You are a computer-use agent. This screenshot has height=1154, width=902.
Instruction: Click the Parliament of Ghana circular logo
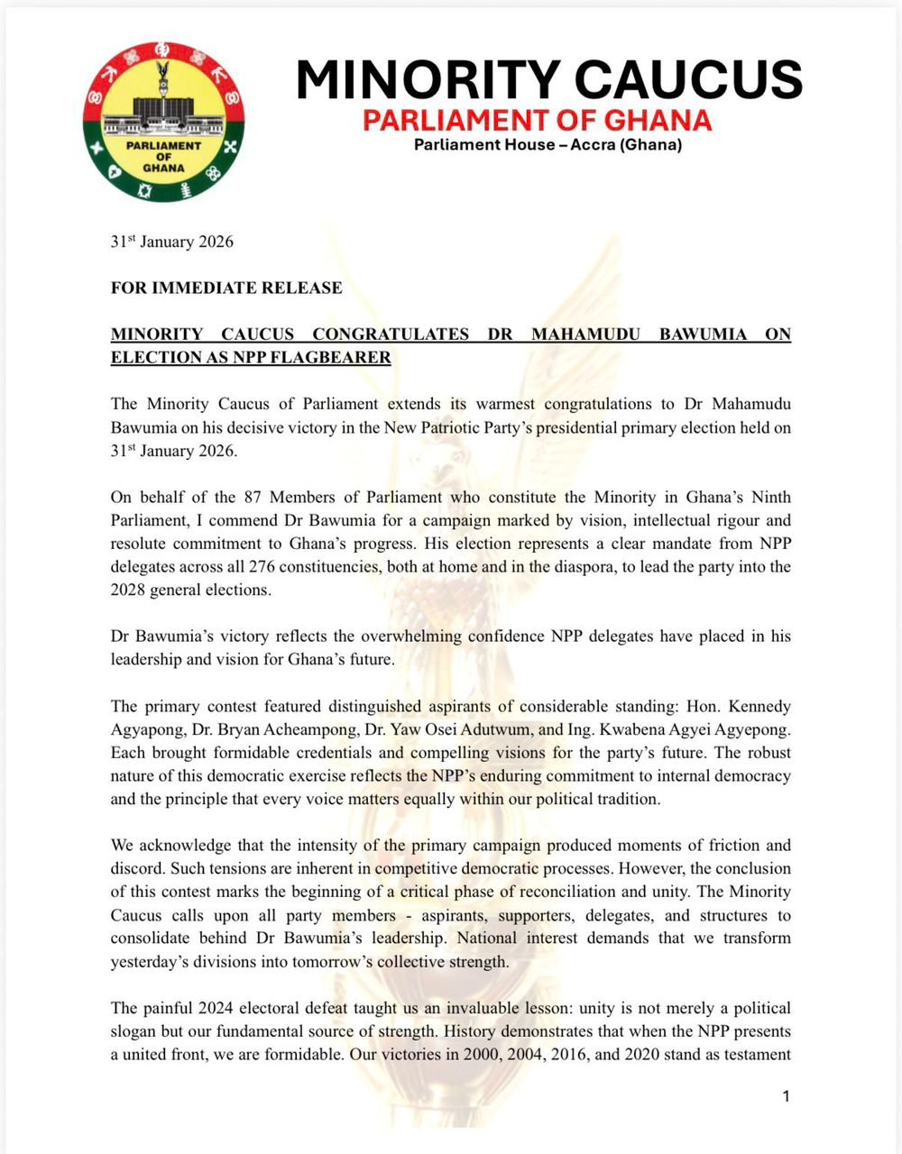(163, 122)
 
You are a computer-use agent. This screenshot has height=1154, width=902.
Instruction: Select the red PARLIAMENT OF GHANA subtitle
(537, 120)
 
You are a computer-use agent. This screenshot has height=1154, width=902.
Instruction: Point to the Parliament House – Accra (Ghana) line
(548, 145)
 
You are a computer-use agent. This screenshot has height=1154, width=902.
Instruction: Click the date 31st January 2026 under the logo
(171, 242)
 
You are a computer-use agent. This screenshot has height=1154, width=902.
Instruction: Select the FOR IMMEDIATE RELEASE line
(226, 288)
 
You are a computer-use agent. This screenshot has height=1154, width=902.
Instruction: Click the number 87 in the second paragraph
(247, 497)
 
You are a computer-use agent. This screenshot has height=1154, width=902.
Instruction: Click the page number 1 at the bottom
(787, 1096)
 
